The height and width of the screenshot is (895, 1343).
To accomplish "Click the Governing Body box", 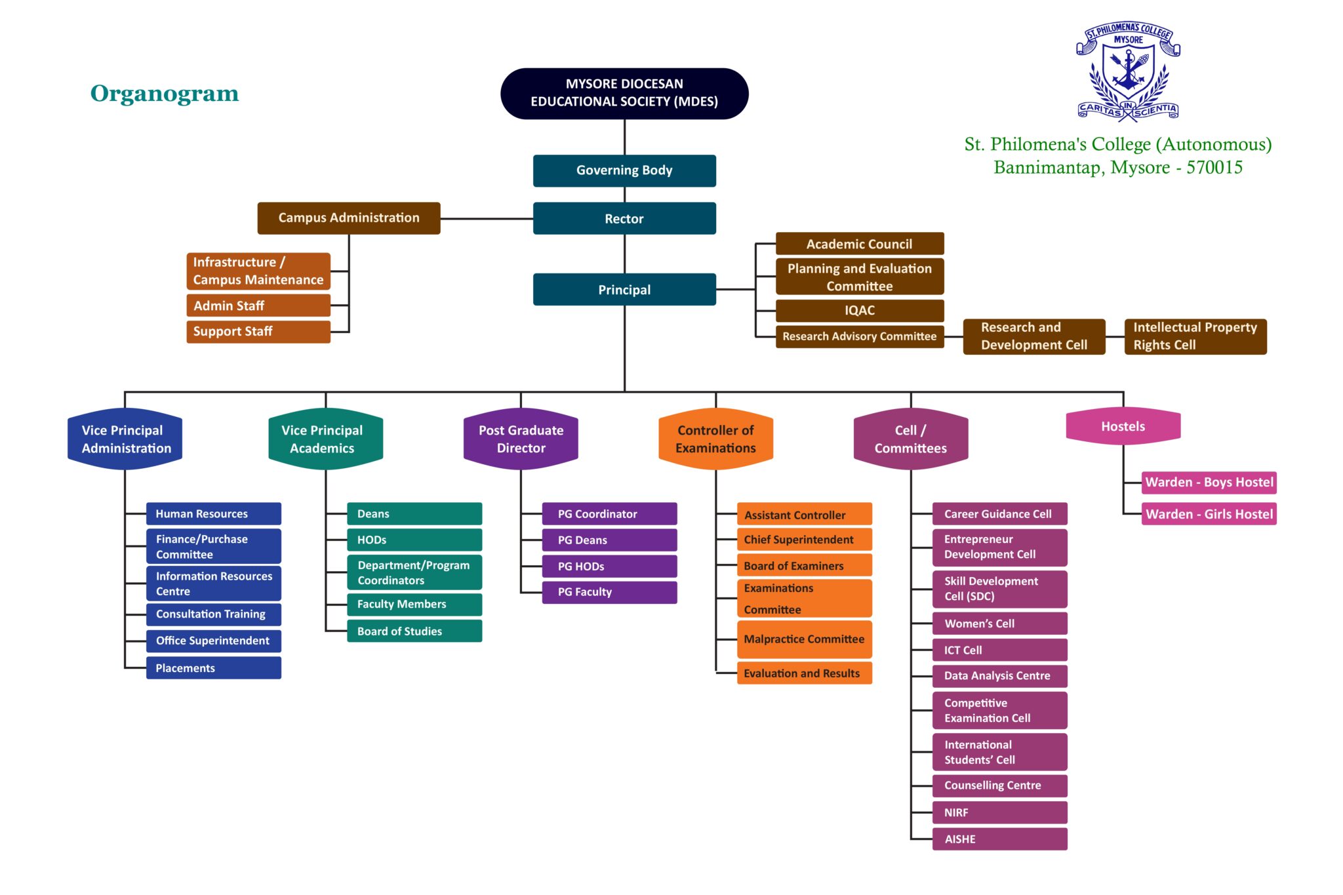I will point(624,170).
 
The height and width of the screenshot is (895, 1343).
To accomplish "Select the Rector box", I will point(624,218).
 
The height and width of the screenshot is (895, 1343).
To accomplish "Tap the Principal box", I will point(624,289).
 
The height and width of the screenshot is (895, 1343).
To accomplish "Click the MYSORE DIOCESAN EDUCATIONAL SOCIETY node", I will point(624,93).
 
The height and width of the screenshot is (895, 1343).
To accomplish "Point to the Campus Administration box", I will point(348,218).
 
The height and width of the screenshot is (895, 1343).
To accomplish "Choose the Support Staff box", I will point(258,331).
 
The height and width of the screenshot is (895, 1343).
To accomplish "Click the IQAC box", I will point(859,310).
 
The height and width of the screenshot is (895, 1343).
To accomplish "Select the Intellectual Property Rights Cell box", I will point(1195,336).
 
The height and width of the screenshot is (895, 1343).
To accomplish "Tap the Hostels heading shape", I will point(1123,426).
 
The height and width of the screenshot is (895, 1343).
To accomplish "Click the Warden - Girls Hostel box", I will point(1209,514).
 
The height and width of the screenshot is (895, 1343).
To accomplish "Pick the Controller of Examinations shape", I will point(715,439).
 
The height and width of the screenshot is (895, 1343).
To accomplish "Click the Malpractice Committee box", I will point(804,639).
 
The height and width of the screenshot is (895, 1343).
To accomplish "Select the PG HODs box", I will point(609,566).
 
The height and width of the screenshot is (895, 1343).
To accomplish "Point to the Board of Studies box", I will point(414,631).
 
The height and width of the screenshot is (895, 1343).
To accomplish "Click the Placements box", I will point(213,667).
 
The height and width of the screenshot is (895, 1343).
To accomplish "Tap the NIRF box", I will point(999,812).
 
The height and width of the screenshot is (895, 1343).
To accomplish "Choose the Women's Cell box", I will point(999,624).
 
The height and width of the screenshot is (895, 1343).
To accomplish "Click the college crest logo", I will point(1128,72).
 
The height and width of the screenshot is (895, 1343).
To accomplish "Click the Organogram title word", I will point(165,93).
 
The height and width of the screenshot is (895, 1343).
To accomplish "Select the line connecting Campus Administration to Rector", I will point(486,218).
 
